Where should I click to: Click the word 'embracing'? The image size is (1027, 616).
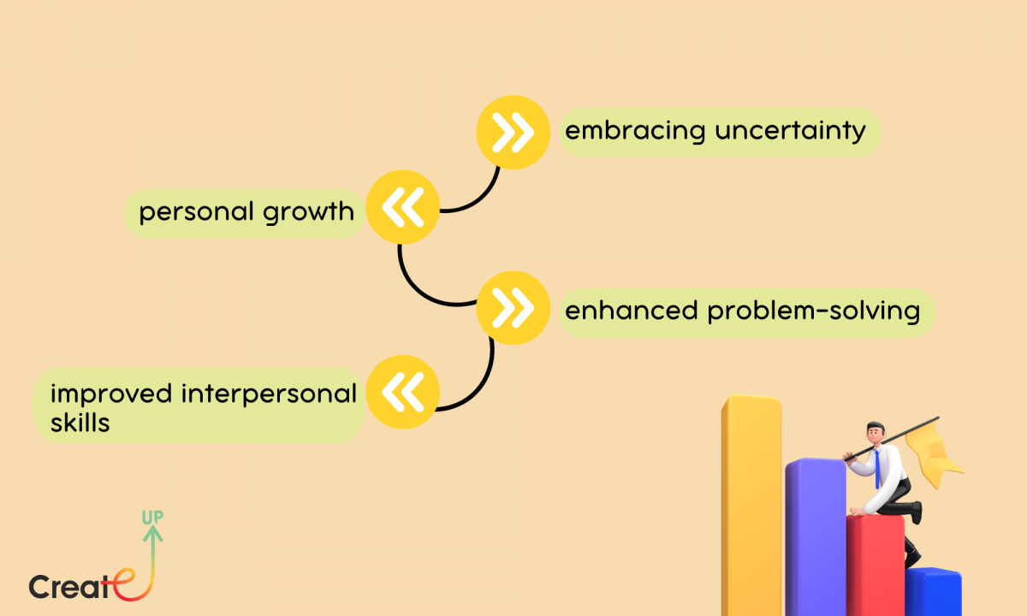point(635,132)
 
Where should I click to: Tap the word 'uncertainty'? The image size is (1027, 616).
point(791,132)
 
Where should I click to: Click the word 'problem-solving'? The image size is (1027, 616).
point(814,311)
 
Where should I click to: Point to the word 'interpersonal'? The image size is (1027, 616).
point(269,394)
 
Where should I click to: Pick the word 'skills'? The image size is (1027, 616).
point(80,423)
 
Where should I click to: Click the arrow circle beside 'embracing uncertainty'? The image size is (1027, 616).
point(513,133)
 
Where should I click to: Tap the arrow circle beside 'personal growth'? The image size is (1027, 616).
point(402,207)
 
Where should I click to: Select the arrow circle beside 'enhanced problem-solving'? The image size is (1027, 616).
point(513,308)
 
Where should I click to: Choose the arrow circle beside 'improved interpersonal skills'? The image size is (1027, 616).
point(402,393)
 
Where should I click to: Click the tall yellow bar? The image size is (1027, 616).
point(752,505)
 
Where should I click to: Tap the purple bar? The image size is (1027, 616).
point(816,537)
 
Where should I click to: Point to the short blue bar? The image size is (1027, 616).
point(933,592)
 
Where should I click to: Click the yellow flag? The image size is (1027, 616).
point(932,453)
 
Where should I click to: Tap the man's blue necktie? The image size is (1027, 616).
point(877,469)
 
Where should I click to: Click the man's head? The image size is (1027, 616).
point(876,432)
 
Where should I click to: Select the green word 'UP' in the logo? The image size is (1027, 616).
point(152,518)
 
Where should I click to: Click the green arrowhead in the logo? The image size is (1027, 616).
point(152,533)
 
